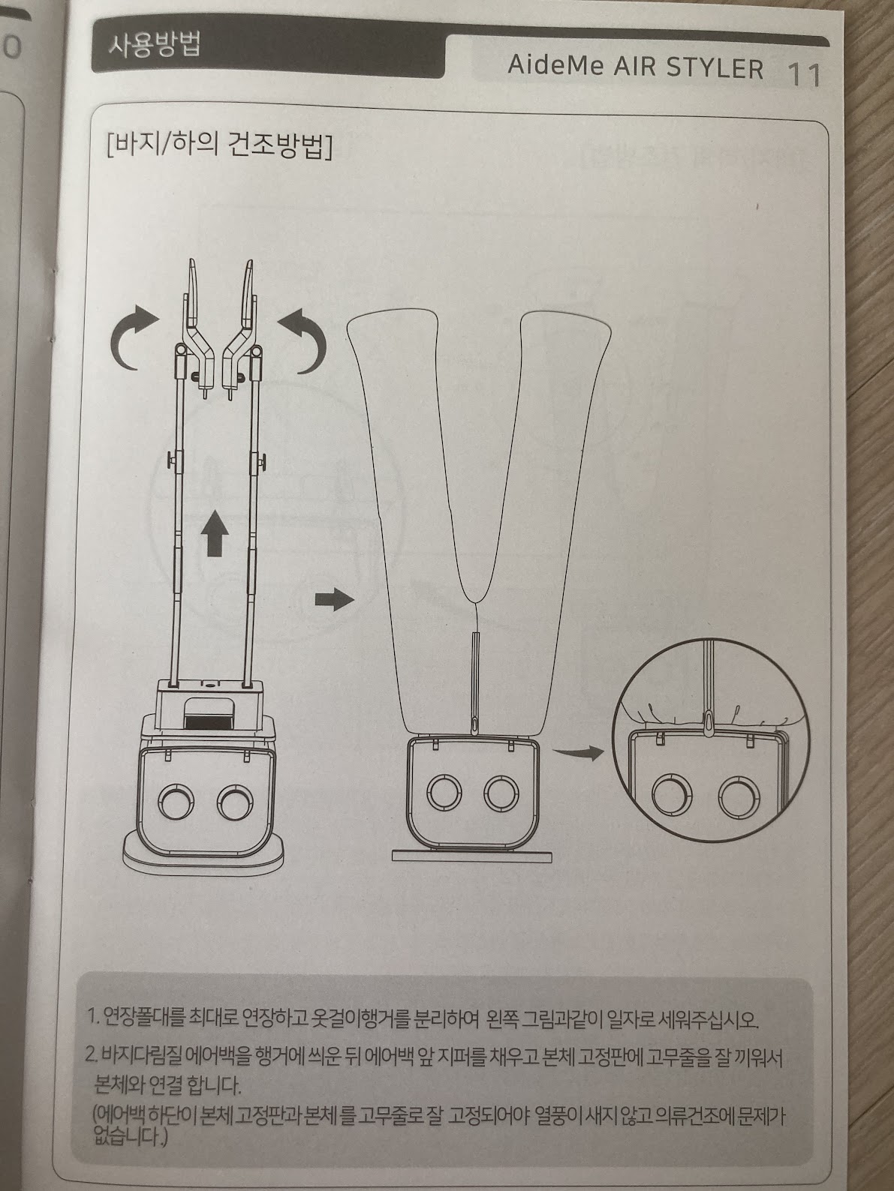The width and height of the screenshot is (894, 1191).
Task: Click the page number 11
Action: pyautogui.click(x=803, y=75)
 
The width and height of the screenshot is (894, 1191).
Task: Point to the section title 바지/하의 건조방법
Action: pyautogui.click(x=220, y=146)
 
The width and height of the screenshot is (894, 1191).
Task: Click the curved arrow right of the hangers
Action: pyautogui.click(x=304, y=340)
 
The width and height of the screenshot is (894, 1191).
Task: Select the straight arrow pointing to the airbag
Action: pyautogui.click(x=334, y=599)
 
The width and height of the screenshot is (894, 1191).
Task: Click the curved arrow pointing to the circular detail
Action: pyautogui.click(x=578, y=752)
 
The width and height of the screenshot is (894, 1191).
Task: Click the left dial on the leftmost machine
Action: pyautogui.click(x=176, y=802)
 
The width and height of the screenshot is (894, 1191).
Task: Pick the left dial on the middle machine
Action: pyautogui.click(x=444, y=793)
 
